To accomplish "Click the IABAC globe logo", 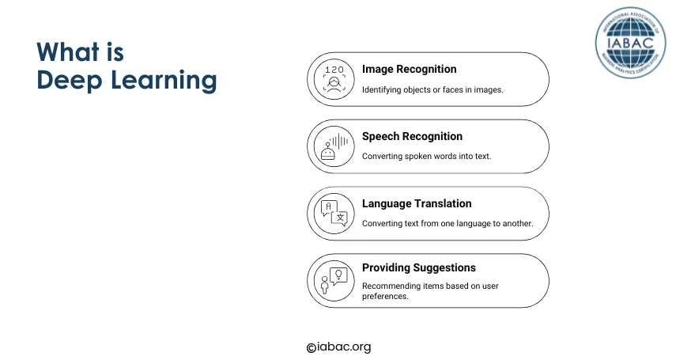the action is click(x=630, y=42).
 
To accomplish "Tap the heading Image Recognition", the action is click(x=409, y=69).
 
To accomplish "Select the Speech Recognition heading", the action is click(x=412, y=136).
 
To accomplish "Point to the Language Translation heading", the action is click(x=417, y=203).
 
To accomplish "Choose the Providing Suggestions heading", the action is click(x=418, y=267).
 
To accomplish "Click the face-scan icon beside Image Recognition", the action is click(x=334, y=79).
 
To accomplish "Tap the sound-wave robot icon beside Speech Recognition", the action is click(x=334, y=146).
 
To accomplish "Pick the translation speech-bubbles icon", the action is click(x=334, y=214).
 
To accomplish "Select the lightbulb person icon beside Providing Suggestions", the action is click(x=334, y=281).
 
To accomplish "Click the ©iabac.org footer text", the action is click(x=339, y=347).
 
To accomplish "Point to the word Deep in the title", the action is click(x=70, y=81).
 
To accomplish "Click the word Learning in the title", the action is click(x=164, y=81).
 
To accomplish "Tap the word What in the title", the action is click(x=68, y=52).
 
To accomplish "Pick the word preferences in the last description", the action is click(x=385, y=297).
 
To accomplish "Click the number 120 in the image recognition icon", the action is click(x=334, y=70).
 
